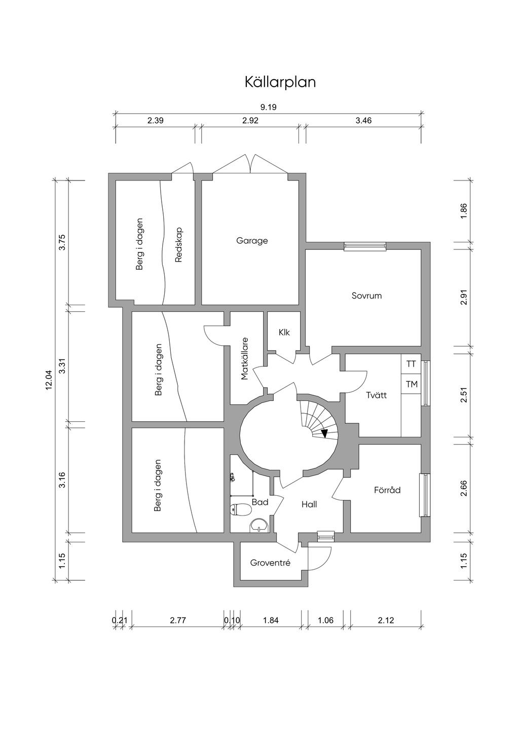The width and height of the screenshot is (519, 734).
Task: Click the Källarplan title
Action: click(x=280, y=82)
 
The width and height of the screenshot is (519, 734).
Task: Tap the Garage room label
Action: click(x=252, y=241)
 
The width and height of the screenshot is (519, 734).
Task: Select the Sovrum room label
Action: click(x=366, y=296)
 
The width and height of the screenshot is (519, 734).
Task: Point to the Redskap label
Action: click(x=178, y=245)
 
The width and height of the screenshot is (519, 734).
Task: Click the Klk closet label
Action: click(x=284, y=332)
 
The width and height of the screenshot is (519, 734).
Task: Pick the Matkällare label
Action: click(x=244, y=358)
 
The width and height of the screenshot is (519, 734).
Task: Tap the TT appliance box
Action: click(x=411, y=364)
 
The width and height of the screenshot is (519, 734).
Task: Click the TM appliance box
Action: click(x=411, y=384)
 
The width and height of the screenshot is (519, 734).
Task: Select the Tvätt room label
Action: click(x=377, y=395)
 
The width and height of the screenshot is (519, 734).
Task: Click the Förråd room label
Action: click(x=387, y=490)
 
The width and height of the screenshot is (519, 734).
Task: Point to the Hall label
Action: click(x=309, y=504)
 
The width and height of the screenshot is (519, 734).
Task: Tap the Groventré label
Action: click(x=270, y=563)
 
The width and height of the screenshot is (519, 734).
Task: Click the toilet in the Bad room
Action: click(x=241, y=510)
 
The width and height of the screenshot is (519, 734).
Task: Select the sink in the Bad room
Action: click(x=259, y=527)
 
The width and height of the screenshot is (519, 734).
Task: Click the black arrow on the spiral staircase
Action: click(x=324, y=433)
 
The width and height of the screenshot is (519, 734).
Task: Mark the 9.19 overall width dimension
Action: click(x=268, y=107)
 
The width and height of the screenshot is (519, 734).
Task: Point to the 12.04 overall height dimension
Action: click(x=49, y=380)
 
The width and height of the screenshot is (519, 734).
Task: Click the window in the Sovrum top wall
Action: click(x=365, y=246)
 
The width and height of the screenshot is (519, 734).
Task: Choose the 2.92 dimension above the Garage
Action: click(x=250, y=121)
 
